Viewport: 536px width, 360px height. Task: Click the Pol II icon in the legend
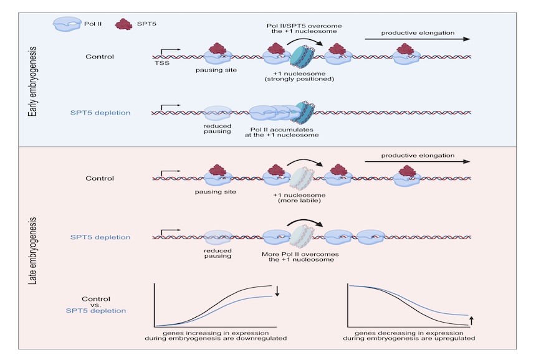[x=67, y=24]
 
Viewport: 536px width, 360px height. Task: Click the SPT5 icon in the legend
[x=123, y=24]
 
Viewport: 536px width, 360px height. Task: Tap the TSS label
[x=162, y=63]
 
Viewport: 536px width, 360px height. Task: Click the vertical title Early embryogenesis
[x=32, y=82]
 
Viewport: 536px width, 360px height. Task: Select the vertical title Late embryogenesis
[x=32, y=251]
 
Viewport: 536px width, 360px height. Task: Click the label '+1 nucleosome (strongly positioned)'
[x=299, y=76]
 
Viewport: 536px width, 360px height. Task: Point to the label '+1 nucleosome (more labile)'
[x=299, y=198]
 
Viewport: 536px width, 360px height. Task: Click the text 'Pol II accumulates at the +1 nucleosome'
[x=282, y=132]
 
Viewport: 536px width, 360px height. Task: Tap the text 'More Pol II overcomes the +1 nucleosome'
[x=300, y=257]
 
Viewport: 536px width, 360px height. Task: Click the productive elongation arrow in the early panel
[x=418, y=39]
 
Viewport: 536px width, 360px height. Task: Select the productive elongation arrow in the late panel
[x=418, y=161]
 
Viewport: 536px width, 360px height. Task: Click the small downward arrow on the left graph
[x=277, y=291]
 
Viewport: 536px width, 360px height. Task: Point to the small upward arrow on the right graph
[x=472, y=320]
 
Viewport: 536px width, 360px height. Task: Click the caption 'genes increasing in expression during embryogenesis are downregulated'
[x=216, y=336]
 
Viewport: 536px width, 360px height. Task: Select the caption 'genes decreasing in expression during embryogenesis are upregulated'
[x=409, y=336]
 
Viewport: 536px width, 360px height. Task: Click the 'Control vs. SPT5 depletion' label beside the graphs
[x=96, y=305]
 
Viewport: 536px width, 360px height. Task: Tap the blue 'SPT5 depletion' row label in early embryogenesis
[x=100, y=113]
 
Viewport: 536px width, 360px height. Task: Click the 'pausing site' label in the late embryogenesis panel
[x=216, y=192]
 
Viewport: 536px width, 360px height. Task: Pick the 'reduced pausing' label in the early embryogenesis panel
[x=218, y=129]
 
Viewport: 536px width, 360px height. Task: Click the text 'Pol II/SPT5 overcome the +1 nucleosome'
[x=304, y=29]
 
